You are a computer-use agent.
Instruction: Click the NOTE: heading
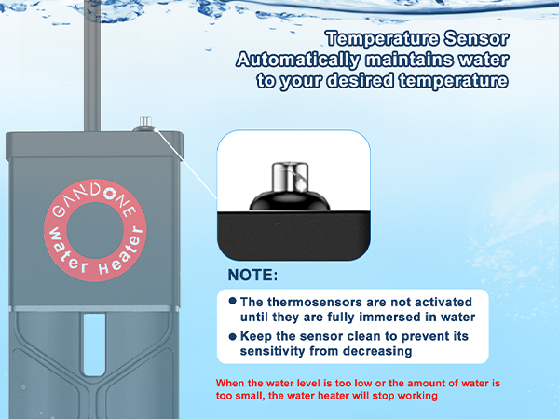252,276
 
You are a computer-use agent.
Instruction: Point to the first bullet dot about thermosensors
232,302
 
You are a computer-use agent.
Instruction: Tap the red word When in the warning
232,383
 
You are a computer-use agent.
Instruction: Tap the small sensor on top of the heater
145,123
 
